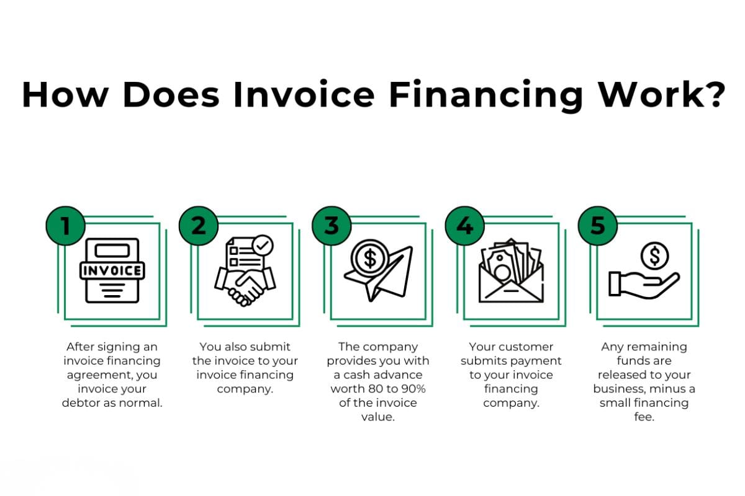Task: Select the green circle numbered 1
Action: point(65,225)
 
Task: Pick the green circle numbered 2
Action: point(197,225)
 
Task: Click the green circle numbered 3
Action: point(331,225)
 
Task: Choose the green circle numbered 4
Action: point(464,225)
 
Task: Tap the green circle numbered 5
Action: point(597,225)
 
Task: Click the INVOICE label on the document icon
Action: point(112,271)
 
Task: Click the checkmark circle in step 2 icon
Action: point(263,245)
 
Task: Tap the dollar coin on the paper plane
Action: point(370,257)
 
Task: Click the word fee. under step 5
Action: point(644,417)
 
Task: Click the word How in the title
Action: point(61,94)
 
